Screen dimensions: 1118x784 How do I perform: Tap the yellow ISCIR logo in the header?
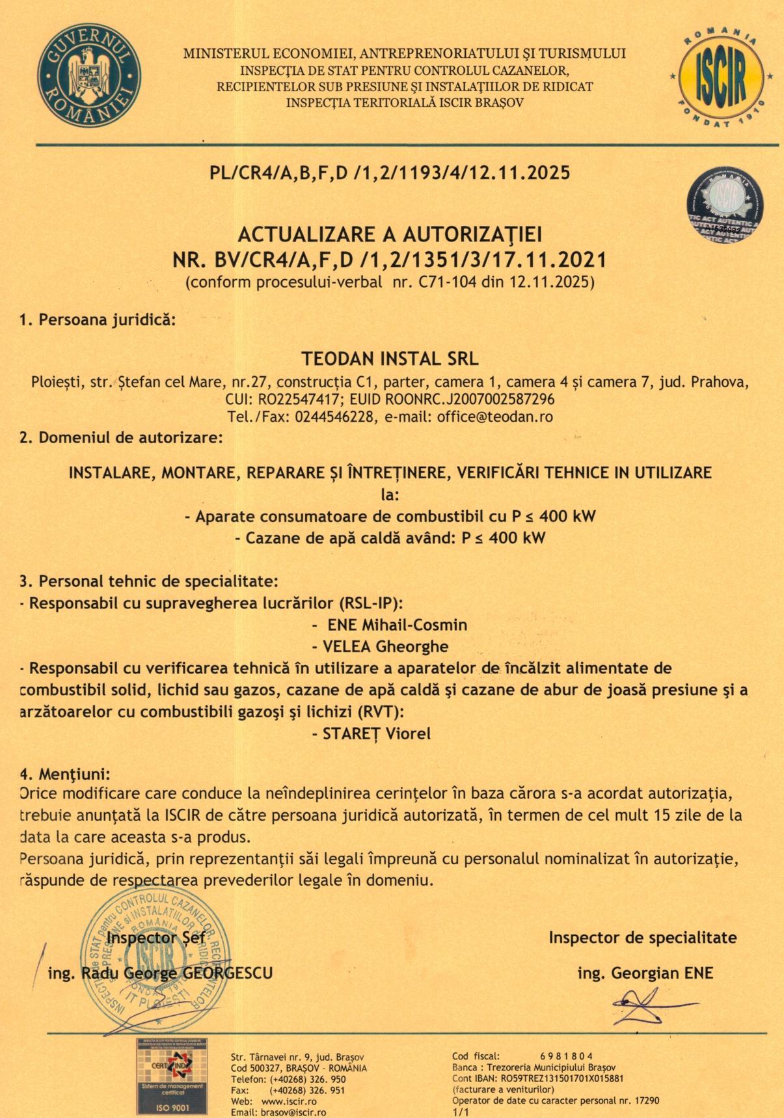click(x=721, y=77)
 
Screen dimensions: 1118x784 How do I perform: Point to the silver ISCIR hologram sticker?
click(x=725, y=205)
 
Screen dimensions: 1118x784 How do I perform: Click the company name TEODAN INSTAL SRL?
click(x=390, y=359)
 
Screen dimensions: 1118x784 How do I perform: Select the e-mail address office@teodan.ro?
click(x=495, y=416)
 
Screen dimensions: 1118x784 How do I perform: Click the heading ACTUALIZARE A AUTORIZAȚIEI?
click(x=390, y=234)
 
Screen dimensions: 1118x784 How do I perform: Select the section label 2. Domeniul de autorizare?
click(x=121, y=437)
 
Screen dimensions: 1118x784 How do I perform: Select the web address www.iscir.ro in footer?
click(x=289, y=1102)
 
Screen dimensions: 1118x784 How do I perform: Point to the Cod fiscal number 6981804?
click(x=566, y=1056)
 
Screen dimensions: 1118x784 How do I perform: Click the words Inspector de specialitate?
click(x=642, y=938)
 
